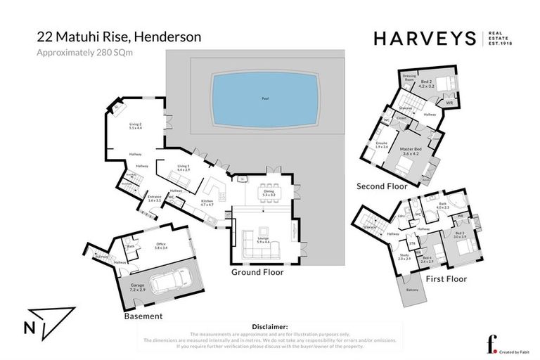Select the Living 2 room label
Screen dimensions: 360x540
point(136,127)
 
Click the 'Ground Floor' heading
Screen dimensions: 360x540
point(257,272)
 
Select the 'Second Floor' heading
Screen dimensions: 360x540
point(382,186)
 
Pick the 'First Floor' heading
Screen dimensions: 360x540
point(446,279)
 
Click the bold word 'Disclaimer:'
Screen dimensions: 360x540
point(269,327)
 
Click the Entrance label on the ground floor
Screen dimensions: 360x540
point(154,198)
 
